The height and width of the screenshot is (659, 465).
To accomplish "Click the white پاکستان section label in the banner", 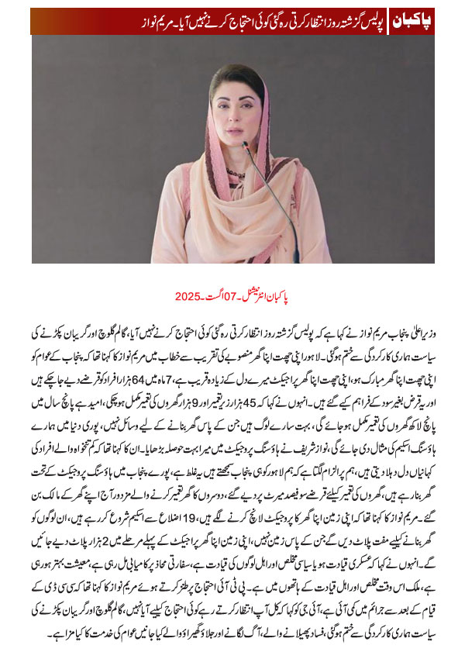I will click(408, 20).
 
